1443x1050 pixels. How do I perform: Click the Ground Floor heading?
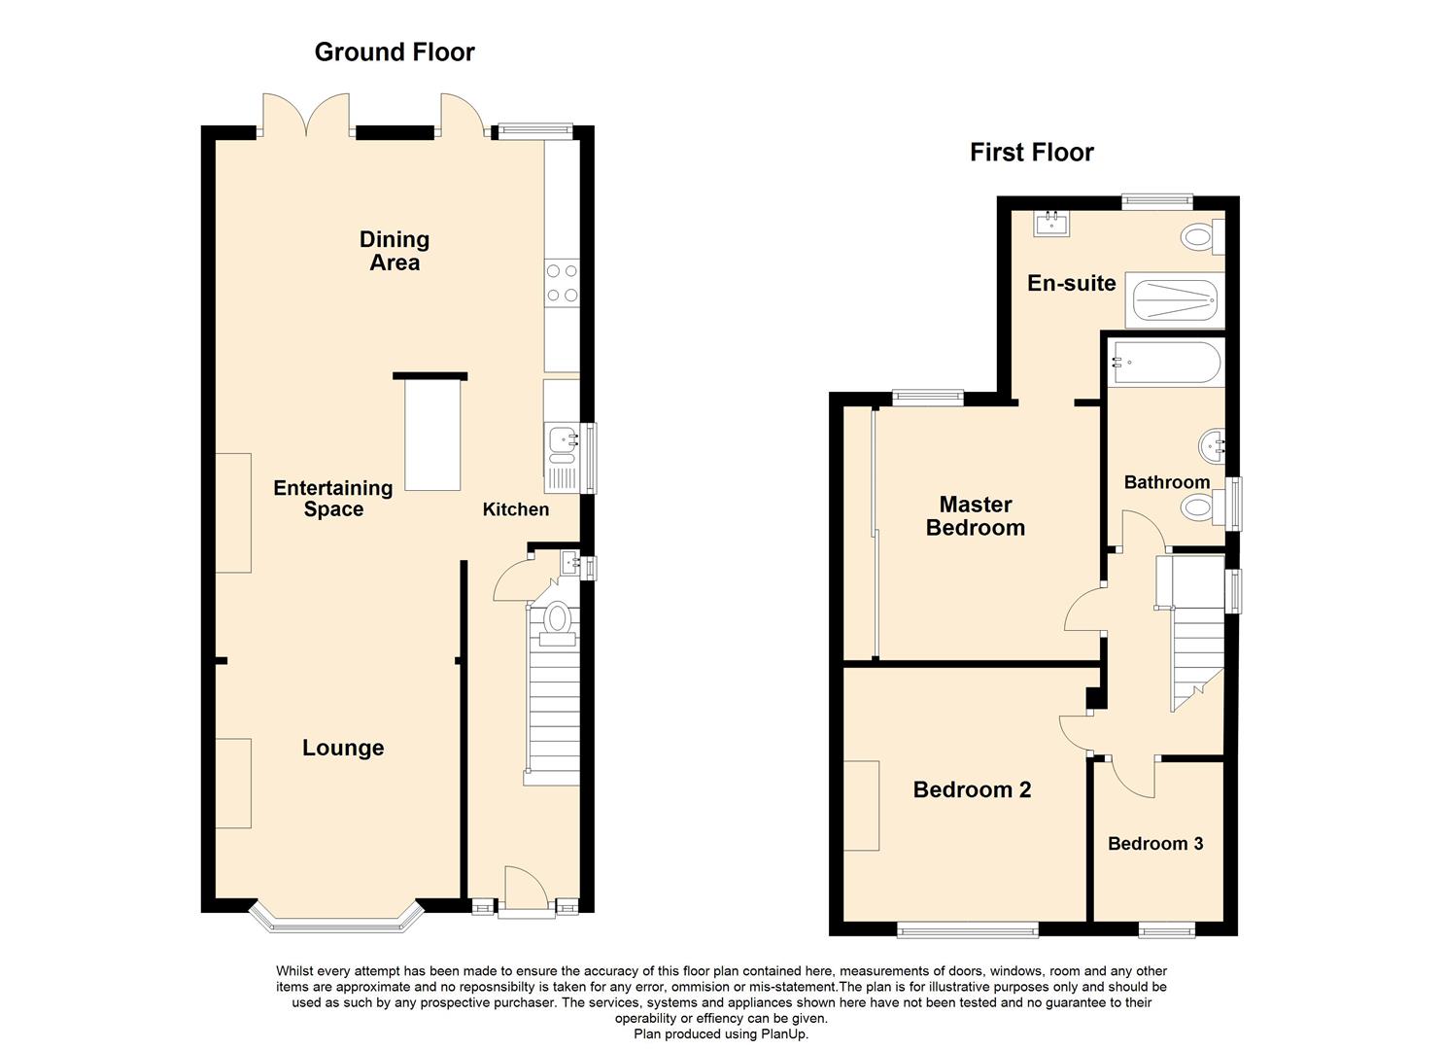[x=395, y=52]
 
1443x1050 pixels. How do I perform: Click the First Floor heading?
[x=1031, y=153]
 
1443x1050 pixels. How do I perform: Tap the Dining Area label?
[x=395, y=251]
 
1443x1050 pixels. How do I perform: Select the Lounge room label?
[x=343, y=748]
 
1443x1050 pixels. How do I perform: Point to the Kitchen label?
[x=516, y=509]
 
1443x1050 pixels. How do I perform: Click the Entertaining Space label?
[x=333, y=499]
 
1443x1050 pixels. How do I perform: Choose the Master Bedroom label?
[x=976, y=516]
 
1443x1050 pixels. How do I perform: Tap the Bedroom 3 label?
[x=1155, y=844]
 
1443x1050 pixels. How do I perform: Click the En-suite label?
[x=1072, y=284]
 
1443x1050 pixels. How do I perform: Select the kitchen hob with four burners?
[x=562, y=284]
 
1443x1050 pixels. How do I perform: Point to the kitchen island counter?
[x=432, y=435]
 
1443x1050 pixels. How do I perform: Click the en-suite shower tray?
[x=1175, y=301]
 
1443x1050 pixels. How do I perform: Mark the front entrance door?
[x=526, y=890]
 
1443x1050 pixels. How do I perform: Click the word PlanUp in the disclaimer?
[x=783, y=1034]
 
